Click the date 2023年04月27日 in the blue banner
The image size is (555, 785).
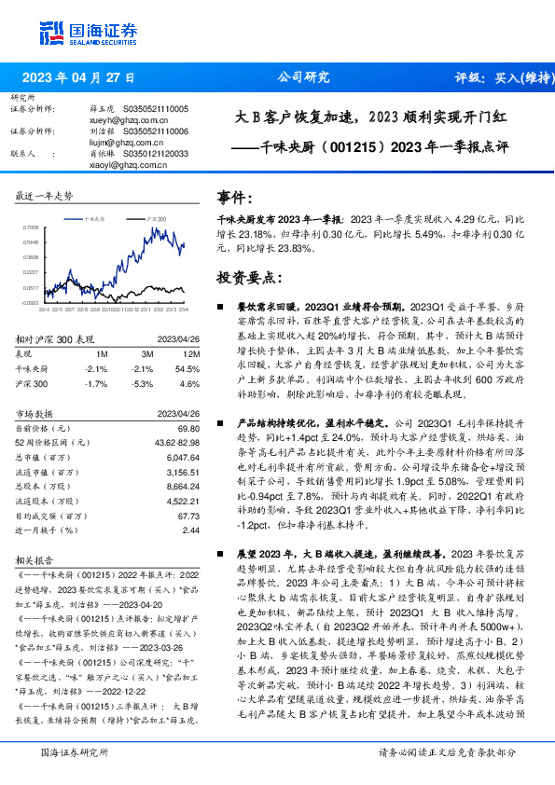78,77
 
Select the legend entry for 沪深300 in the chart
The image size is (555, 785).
154,215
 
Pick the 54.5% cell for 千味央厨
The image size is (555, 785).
187,369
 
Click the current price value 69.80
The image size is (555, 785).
189,427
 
